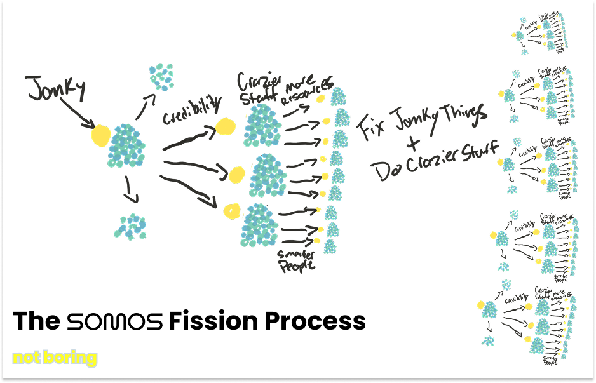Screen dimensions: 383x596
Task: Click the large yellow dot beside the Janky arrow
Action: pyautogui.click(x=100, y=135)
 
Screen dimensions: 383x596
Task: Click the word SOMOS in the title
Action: pyautogui.click(x=114, y=321)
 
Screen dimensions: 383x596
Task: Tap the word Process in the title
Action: pyautogui.click(x=315, y=321)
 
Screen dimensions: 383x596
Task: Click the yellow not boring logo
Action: pyautogui.click(x=55, y=358)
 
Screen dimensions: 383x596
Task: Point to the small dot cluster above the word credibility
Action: pyautogui.click(x=161, y=77)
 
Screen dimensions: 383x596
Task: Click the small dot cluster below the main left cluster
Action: pyautogui.click(x=132, y=226)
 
